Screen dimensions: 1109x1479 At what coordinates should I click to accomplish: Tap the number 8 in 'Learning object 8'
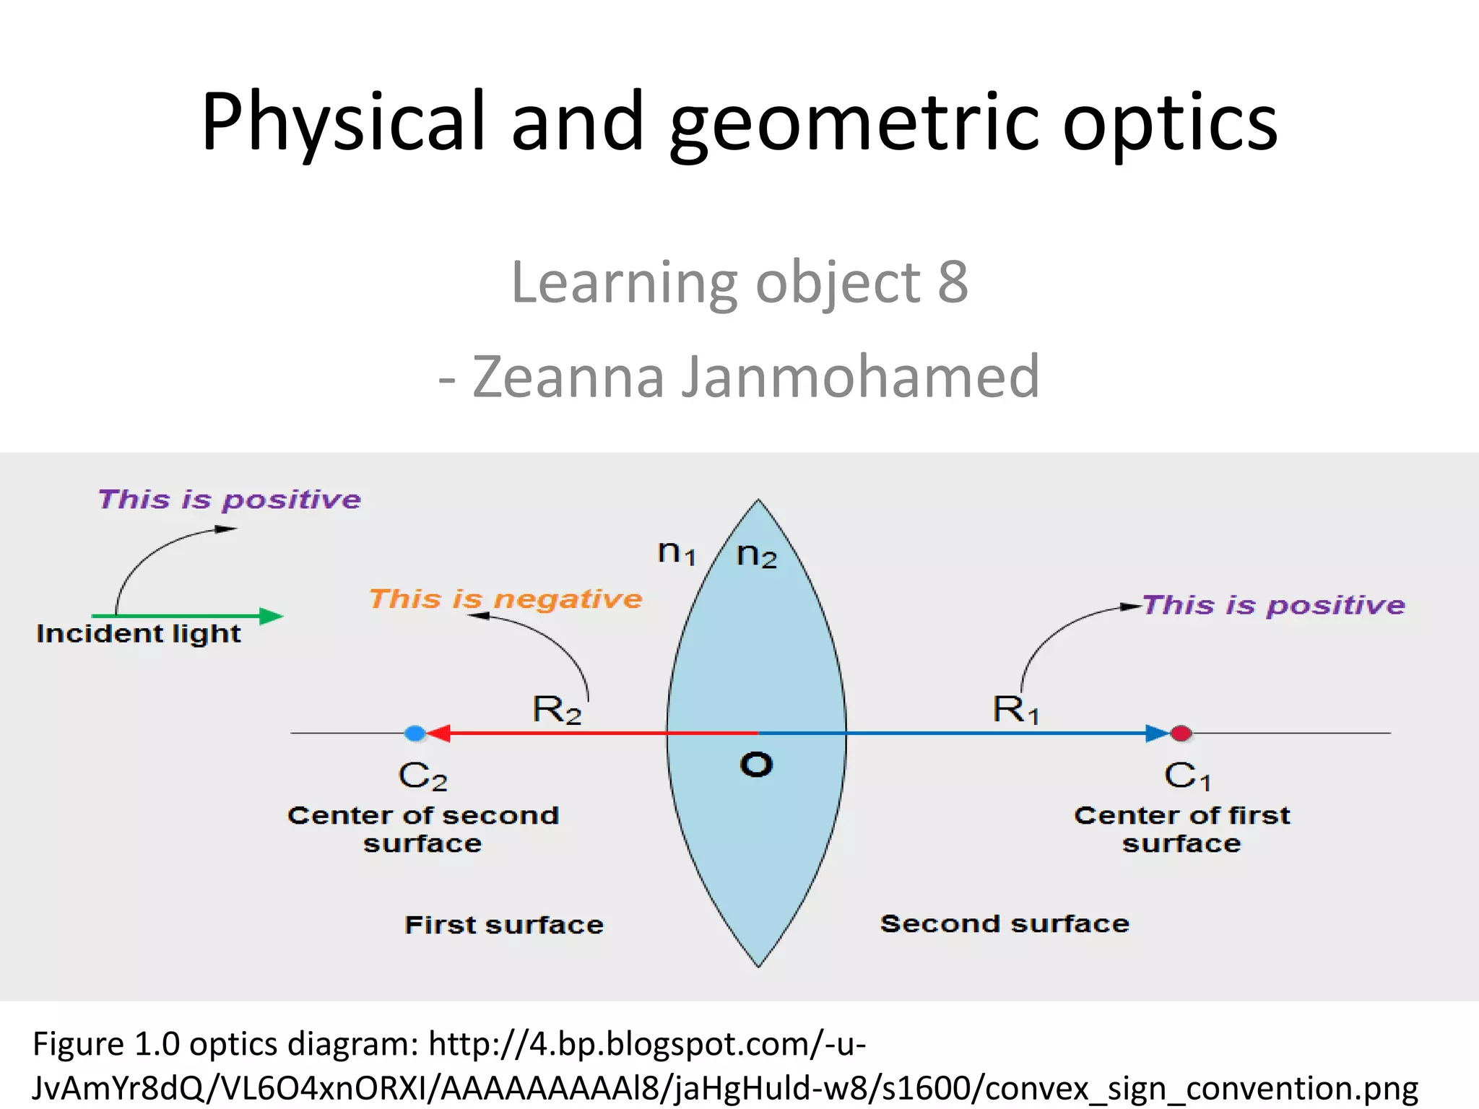click(x=953, y=282)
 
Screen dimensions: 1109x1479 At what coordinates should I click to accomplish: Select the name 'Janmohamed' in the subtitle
click(x=860, y=376)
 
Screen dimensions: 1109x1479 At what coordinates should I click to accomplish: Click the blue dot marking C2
click(x=415, y=734)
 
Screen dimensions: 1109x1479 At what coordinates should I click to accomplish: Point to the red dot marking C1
click(x=1181, y=734)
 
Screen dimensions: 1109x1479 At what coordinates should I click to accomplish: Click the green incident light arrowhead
click(x=272, y=616)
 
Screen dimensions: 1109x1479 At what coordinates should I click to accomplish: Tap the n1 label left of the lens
click(x=676, y=553)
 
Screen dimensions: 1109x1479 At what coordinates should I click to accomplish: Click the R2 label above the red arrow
click(x=556, y=710)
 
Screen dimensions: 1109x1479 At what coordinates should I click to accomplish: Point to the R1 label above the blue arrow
click(x=1015, y=710)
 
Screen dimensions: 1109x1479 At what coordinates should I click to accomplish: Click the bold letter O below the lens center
click(x=756, y=765)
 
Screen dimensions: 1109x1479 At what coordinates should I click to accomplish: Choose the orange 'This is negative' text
click(x=506, y=599)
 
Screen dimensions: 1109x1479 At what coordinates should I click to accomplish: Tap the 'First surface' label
click(x=504, y=925)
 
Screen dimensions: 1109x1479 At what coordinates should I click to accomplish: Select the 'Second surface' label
click(x=1005, y=923)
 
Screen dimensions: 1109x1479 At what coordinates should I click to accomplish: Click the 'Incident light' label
click(x=139, y=634)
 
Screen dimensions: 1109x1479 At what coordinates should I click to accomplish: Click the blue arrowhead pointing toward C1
click(x=1157, y=734)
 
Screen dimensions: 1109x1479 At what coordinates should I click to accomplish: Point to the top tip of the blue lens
click(x=758, y=501)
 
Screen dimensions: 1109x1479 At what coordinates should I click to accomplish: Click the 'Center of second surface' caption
click(x=423, y=829)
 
